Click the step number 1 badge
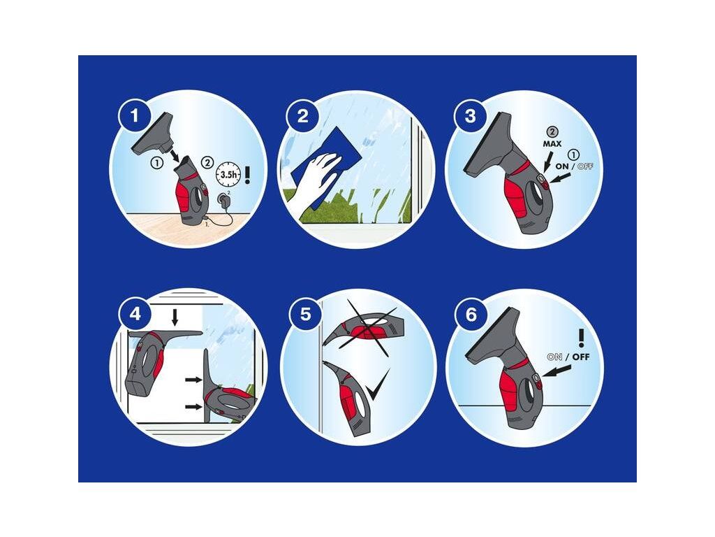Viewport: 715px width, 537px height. coord(134,115)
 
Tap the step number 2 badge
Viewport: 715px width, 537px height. coord(302,116)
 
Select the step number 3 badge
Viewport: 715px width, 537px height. coord(470,116)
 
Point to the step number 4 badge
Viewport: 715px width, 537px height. coord(135,314)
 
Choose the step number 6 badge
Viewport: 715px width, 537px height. coord(471,314)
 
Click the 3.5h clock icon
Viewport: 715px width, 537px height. coord(228,173)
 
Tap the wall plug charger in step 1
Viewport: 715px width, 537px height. coord(224,200)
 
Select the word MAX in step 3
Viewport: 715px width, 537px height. coord(552,144)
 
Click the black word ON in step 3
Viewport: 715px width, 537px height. coord(562,166)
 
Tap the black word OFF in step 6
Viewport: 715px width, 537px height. coord(580,357)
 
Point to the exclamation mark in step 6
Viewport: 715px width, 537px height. coord(581,338)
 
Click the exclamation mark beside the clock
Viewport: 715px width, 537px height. coord(248,175)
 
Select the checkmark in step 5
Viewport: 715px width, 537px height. coord(378,385)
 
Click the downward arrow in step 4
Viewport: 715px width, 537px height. coord(175,317)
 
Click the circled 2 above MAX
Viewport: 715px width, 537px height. coord(552,132)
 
